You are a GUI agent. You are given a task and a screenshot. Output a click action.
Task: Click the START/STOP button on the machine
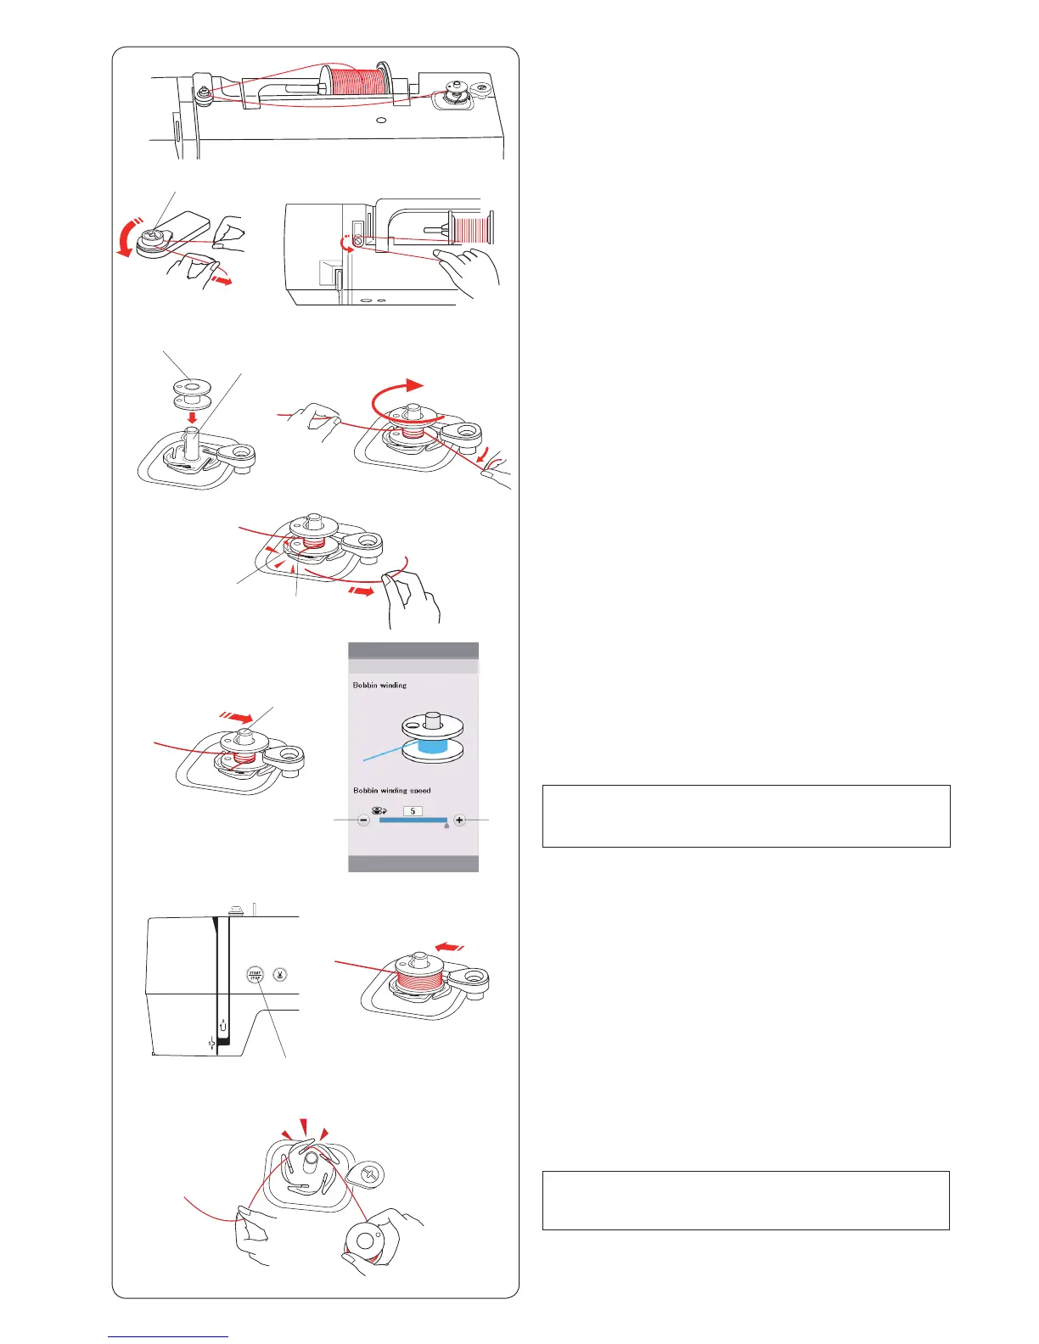tap(255, 975)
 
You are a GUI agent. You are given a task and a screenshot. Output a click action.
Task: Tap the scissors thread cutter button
tap(279, 975)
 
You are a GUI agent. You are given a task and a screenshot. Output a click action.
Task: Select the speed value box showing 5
tap(413, 811)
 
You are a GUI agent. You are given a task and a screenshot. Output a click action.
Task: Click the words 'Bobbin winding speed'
tap(391, 790)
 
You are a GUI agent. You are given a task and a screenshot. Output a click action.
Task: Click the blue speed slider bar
tap(413, 820)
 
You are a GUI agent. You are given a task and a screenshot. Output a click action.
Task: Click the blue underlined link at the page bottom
tap(168, 1337)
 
